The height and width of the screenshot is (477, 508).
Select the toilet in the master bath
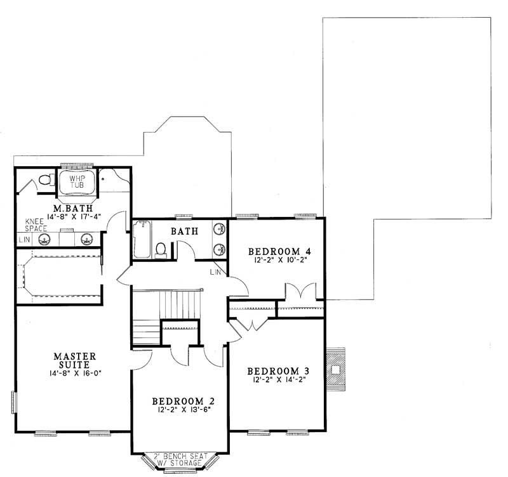[x=44, y=180]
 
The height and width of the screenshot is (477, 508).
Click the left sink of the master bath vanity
[x=45, y=239]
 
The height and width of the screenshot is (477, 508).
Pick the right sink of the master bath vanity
[x=87, y=239]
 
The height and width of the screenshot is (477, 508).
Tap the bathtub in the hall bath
[x=142, y=240]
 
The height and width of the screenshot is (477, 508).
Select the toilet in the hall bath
[x=162, y=249]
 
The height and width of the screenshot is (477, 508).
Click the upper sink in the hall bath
[x=218, y=229]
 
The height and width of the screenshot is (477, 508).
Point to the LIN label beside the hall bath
[x=214, y=273]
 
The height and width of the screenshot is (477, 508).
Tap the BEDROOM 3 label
[x=276, y=371]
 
